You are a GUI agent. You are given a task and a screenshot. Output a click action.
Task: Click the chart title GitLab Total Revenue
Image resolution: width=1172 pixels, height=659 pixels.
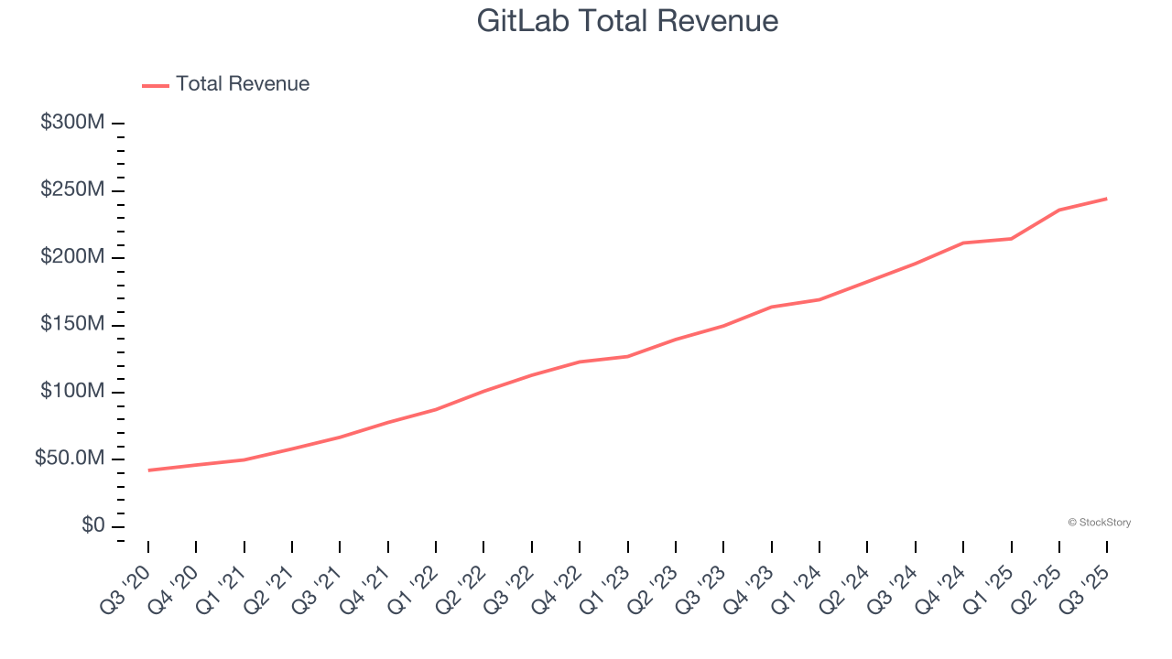tap(627, 21)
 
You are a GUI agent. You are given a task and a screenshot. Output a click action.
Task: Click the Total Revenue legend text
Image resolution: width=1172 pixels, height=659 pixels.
tap(243, 84)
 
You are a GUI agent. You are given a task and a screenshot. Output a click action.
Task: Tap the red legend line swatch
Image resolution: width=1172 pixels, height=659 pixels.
tap(156, 85)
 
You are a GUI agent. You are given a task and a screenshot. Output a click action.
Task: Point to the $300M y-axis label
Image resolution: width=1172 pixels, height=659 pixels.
tap(72, 123)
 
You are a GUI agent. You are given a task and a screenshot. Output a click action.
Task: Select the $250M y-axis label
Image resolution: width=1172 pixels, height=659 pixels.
tap(72, 190)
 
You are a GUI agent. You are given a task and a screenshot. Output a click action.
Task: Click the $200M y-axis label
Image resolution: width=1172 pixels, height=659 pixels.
tap(72, 257)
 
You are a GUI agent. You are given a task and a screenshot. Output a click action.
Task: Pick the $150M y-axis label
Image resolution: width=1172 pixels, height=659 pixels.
tap(72, 325)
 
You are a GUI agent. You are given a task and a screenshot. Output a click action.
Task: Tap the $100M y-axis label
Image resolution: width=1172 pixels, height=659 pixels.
tap(72, 392)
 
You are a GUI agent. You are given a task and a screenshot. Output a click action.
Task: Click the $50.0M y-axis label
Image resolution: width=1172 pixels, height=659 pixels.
tap(70, 459)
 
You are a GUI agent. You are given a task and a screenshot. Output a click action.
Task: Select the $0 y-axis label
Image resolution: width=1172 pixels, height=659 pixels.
tap(93, 526)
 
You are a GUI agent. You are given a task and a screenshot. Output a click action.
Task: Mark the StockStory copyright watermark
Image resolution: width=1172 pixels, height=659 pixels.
tap(1099, 523)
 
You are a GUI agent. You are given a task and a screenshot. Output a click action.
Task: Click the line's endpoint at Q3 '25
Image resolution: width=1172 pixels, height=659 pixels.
tap(1106, 199)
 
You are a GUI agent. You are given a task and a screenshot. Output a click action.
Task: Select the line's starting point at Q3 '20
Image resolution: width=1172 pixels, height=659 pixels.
tap(148, 470)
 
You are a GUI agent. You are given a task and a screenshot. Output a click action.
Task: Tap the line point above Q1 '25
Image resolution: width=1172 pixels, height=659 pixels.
tap(1011, 239)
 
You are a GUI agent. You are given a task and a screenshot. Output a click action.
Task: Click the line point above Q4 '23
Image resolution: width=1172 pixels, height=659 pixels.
tap(771, 307)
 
